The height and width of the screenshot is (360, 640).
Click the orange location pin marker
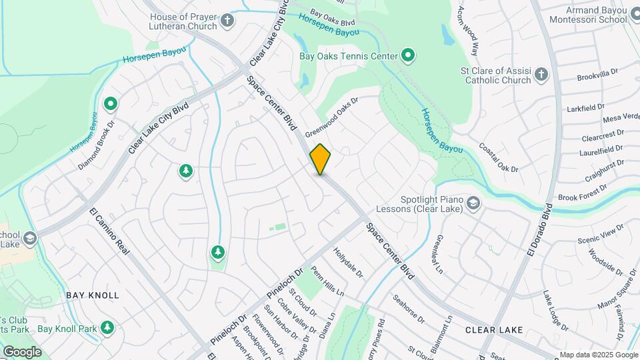click(x=320, y=159)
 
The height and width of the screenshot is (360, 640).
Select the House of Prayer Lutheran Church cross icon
click(x=227, y=19)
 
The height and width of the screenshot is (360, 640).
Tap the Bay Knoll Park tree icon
click(x=107, y=328)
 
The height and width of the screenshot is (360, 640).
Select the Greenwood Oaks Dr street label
click(x=332, y=117)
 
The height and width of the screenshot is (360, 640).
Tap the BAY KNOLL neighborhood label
click(x=92, y=295)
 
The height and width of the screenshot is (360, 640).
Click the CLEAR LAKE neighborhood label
click(x=494, y=329)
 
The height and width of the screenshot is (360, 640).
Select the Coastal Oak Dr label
click(x=500, y=159)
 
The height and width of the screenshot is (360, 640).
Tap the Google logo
click(x=22, y=351)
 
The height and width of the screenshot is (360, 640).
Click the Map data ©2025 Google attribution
click(x=598, y=355)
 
